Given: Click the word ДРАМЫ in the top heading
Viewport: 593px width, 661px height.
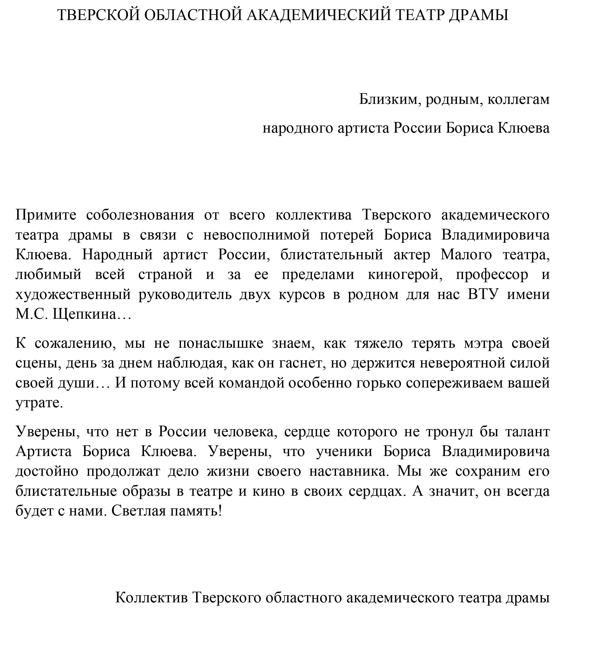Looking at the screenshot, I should coord(478,15).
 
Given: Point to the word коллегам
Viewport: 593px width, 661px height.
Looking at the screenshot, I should coord(518,99).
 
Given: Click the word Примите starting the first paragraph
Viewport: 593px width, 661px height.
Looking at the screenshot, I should coord(46,215).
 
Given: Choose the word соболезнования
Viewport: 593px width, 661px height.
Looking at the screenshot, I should coord(140,215).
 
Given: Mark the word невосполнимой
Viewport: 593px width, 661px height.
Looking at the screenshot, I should coord(256,235).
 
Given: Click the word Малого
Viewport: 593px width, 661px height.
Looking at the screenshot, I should coord(466,255).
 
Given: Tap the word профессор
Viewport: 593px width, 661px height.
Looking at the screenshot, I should coord(492,275).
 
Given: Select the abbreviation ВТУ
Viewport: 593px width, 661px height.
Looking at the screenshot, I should coord(484,295).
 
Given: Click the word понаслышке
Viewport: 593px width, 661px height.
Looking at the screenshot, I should coord(221,343).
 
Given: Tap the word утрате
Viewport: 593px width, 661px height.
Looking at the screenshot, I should coord(39,403).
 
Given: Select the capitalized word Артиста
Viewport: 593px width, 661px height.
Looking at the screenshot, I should coord(44,452).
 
